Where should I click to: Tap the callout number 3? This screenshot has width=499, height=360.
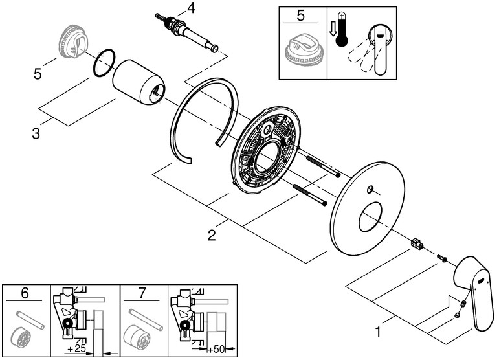tap(36, 134)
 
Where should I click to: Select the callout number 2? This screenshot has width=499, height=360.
tap(211, 235)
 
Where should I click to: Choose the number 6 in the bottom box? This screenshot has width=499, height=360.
tap(25, 293)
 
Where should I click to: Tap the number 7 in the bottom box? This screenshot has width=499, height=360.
tap(143, 293)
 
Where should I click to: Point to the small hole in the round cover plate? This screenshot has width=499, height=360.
tap(370, 190)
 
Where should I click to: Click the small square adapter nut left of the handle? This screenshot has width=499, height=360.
tap(417, 244)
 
